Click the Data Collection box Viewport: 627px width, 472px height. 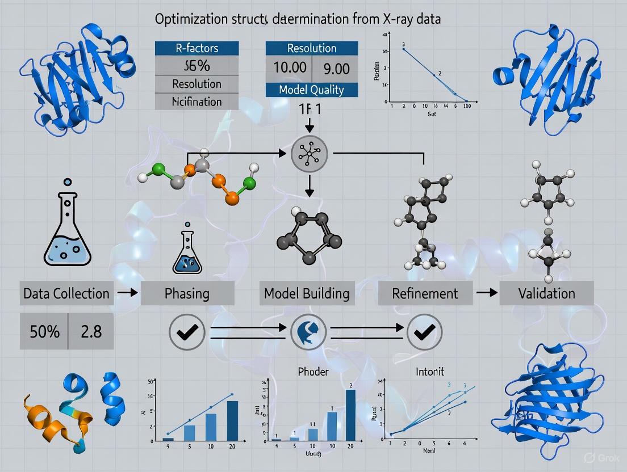[x=66, y=293]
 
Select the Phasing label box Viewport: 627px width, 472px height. [x=187, y=293]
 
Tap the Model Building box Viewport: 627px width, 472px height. [x=307, y=293]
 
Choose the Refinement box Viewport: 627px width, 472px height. [x=425, y=293]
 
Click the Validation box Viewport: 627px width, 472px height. [x=546, y=293]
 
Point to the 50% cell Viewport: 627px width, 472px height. [x=44, y=331]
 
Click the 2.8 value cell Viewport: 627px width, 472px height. [x=91, y=331]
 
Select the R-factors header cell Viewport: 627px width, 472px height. [x=197, y=48]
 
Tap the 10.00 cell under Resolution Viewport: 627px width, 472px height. [x=290, y=68]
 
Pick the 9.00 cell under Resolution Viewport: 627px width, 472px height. [x=336, y=68]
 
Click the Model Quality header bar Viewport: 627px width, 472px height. [x=312, y=89]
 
